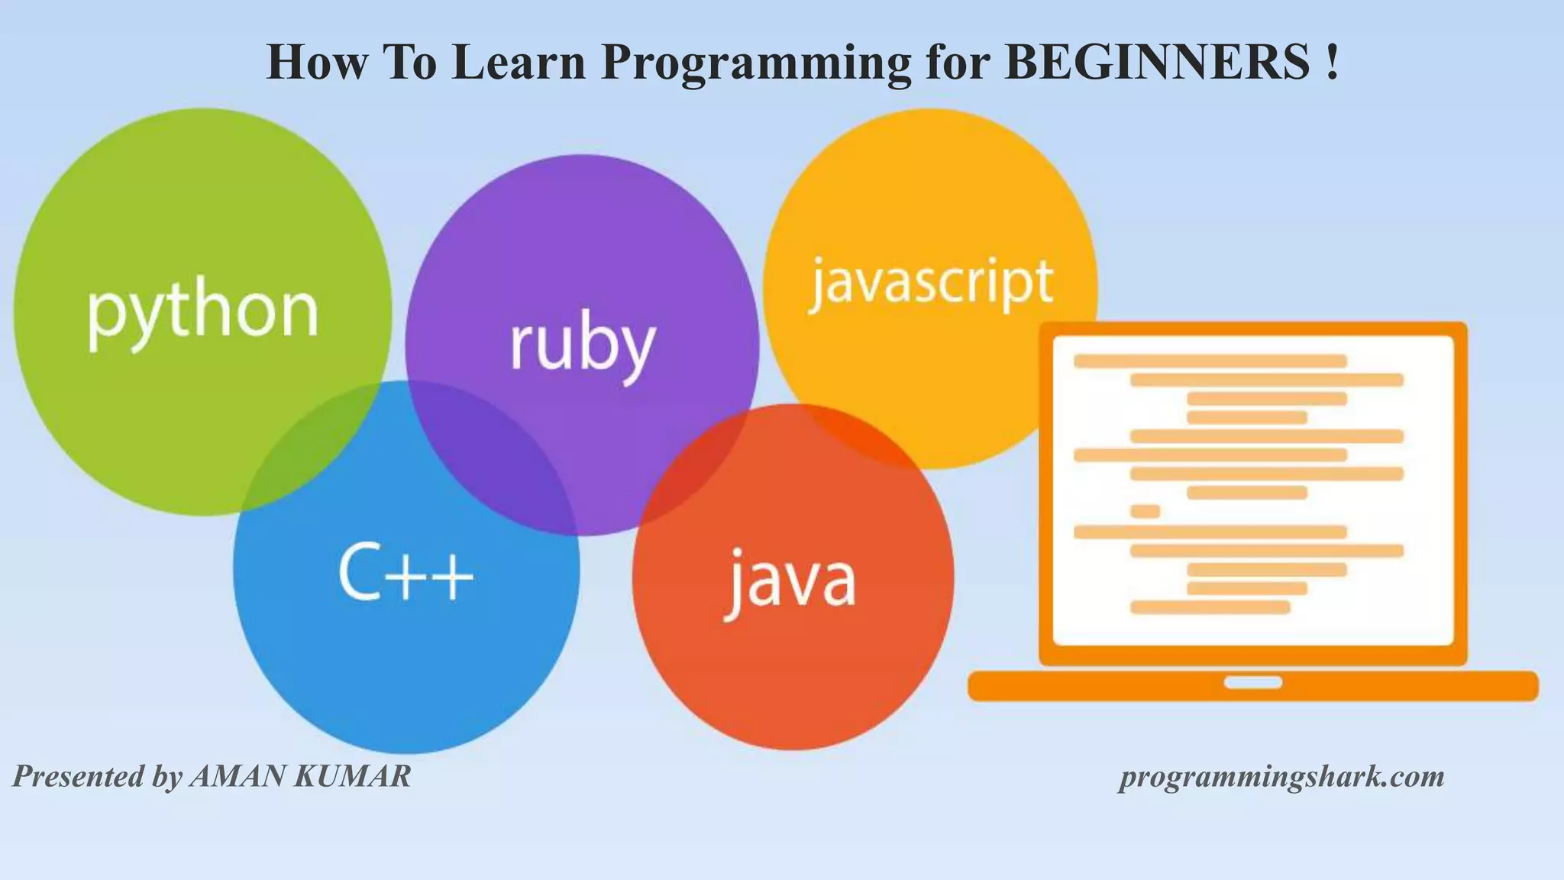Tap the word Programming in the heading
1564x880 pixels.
pyautogui.click(x=756, y=63)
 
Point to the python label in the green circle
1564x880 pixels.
pyautogui.click(x=202, y=313)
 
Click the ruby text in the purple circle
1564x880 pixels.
pyautogui.click(x=582, y=348)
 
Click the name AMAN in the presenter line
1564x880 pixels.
pyautogui.click(x=238, y=776)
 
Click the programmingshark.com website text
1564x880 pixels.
pyautogui.click(x=1281, y=777)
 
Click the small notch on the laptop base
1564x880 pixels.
pyautogui.click(x=1252, y=682)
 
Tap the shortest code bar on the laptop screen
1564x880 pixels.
pyautogui.click(x=1145, y=512)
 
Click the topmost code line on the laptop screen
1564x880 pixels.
pyautogui.click(x=1210, y=361)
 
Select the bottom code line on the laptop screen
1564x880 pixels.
pyautogui.click(x=1210, y=607)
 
